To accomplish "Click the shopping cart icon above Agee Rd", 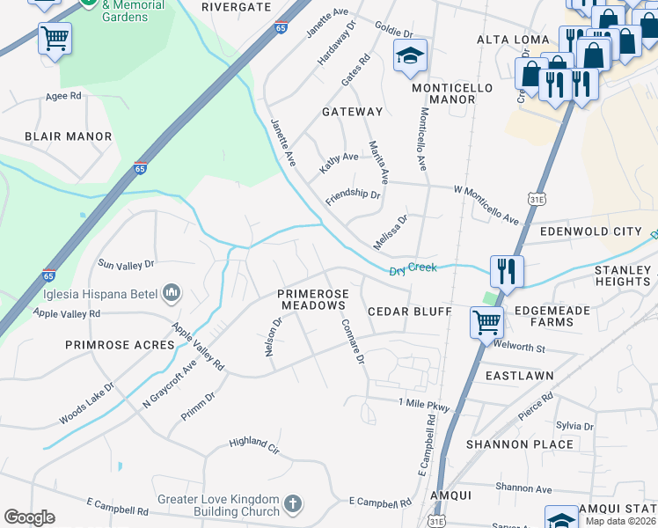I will pos(55,38).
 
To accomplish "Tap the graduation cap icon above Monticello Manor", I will pos(409,55).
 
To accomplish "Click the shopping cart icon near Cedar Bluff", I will pos(486,321).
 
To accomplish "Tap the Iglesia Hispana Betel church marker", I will pos(172,292).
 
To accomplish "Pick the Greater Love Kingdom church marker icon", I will pos(292,504).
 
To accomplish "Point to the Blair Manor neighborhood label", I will pos(69,136).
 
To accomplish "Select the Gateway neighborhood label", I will pos(352,112).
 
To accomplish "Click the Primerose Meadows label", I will pos(313,299).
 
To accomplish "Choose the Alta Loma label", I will pos(512,40).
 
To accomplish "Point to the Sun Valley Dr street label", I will pos(126,263).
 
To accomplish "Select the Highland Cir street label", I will pos(253,445).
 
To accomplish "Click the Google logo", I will pos(29,517).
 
